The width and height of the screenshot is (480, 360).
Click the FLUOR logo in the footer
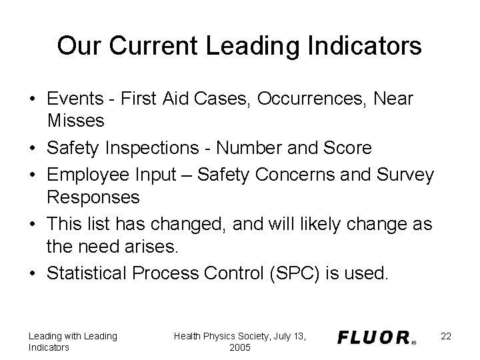[x=377, y=338]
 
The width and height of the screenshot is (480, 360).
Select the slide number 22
[x=446, y=336]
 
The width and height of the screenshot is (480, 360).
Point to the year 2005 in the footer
[x=239, y=347]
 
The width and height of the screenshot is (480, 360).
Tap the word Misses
[x=76, y=120]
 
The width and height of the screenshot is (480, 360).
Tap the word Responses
[x=93, y=197]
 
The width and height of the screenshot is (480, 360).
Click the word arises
[x=153, y=247]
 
